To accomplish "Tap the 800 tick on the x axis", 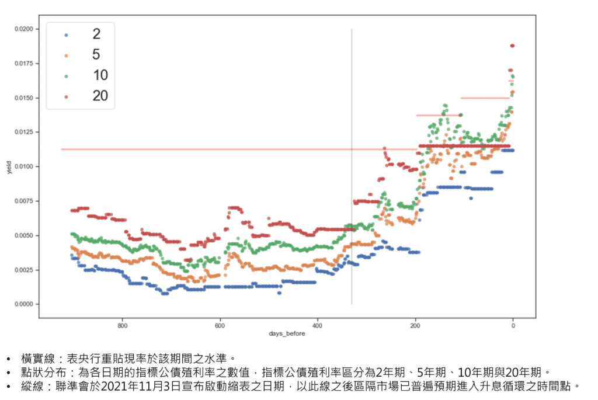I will pyautogui.click(x=123, y=325).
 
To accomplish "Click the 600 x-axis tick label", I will pyautogui.click(x=220, y=325).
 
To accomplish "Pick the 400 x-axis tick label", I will pyautogui.click(x=318, y=325).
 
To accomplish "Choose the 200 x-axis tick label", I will pyautogui.click(x=415, y=325).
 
